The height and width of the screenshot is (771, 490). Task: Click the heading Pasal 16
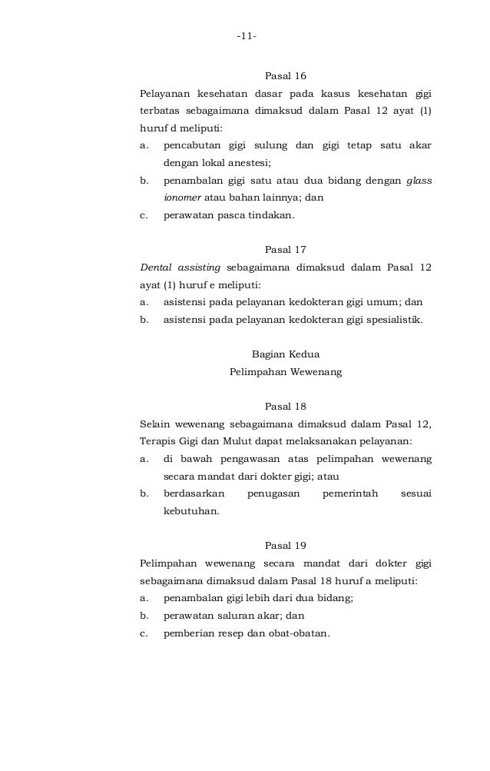click(x=285, y=76)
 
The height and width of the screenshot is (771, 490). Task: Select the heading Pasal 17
click(x=285, y=249)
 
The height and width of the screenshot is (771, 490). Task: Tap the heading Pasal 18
click(x=285, y=406)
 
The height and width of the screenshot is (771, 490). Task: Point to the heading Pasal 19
click(x=285, y=546)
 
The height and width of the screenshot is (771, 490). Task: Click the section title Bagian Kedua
click(x=285, y=354)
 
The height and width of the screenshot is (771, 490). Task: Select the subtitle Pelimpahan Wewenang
click(x=285, y=373)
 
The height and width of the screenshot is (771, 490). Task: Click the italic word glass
click(x=419, y=181)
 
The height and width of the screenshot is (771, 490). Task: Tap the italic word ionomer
click(x=183, y=198)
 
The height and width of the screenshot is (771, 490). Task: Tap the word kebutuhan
click(x=190, y=512)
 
